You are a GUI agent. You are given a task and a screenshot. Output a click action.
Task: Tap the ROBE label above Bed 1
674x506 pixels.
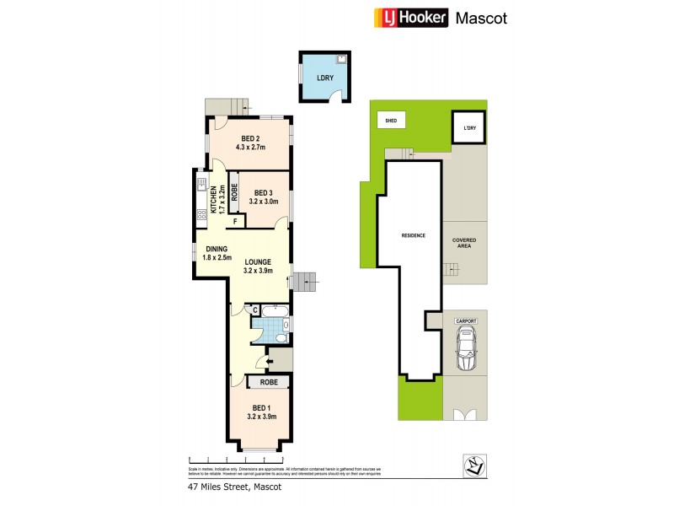(269, 382)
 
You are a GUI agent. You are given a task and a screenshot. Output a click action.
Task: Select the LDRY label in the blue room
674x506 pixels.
(324, 78)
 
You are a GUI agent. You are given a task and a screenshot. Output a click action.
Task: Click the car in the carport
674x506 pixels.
(466, 350)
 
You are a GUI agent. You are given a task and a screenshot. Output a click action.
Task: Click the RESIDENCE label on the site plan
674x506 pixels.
(413, 235)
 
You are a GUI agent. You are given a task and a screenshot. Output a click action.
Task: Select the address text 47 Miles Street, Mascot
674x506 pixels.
(233, 487)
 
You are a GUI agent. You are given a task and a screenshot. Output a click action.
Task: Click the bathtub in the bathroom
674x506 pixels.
(272, 323)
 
